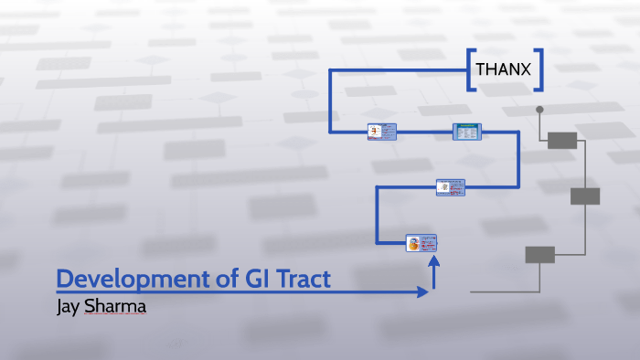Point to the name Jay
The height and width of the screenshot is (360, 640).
click(69, 306)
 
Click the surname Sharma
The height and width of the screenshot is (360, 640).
click(115, 306)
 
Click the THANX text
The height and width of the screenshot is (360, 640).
click(503, 69)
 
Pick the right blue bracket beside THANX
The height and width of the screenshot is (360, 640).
click(539, 69)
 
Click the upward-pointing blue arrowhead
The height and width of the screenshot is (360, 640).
click(434, 263)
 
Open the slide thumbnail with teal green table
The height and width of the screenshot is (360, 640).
click(466, 132)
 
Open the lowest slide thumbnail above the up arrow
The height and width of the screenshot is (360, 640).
click(421, 243)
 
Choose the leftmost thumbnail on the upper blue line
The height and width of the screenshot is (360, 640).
click(381, 132)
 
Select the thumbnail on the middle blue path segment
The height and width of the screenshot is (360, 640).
click(450, 187)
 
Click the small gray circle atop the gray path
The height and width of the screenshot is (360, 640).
click(539, 110)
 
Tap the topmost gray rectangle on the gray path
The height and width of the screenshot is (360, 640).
click(562, 140)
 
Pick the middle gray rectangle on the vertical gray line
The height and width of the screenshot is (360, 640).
click(585, 196)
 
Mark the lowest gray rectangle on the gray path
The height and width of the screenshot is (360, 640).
click(539, 254)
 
